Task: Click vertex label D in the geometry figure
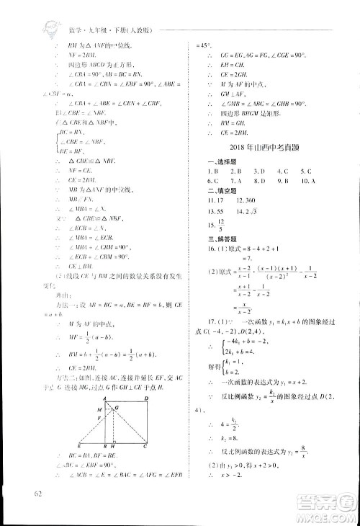coord(146,398)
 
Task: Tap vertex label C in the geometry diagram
coord(147,447)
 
